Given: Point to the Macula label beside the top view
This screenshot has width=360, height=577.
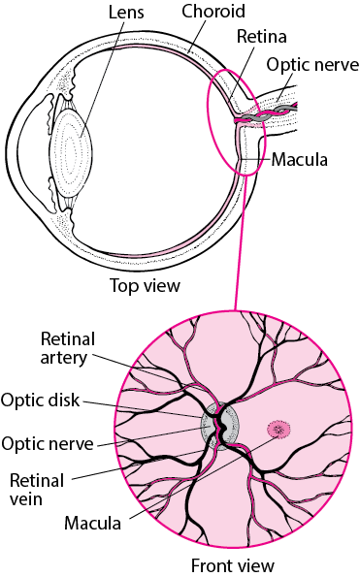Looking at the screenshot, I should [300, 158].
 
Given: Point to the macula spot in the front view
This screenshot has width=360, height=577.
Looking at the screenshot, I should [278, 429].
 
